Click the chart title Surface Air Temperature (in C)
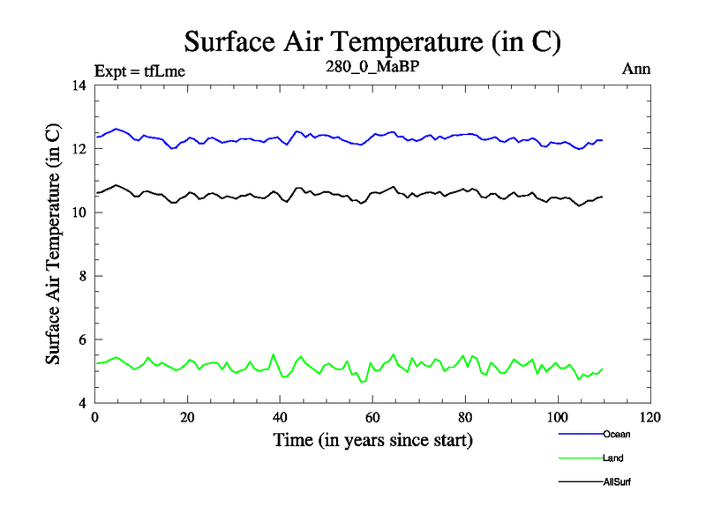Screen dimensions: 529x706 (372, 41)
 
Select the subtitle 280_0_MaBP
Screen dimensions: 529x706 (371, 66)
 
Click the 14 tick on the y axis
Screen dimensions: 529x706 (79, 86)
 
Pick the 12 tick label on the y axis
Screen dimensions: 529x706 (79, 149)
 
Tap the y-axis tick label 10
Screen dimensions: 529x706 (79, 212)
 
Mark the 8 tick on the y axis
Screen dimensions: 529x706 (82, 276)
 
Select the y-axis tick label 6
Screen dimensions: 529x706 (82, 339)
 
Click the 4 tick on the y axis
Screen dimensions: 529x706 (82, 403)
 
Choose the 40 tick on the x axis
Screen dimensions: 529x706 (280, 418)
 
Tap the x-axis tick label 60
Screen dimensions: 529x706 (372, 418)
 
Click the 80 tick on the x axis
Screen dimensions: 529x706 (465, 418)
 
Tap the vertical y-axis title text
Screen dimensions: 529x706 (53, 244)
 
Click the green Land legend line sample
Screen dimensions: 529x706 (580, 458)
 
